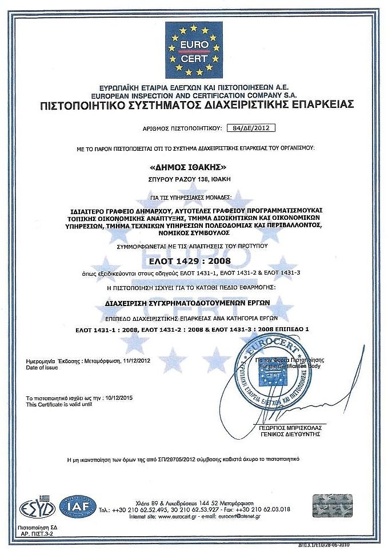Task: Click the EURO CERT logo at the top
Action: [194, 50]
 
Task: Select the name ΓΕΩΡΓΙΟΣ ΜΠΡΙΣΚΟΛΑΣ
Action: [287, 427]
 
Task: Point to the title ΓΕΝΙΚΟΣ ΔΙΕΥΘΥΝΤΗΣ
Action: [287, 434]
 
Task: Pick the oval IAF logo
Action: [78, 507]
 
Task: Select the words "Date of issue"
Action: [42, 368]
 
